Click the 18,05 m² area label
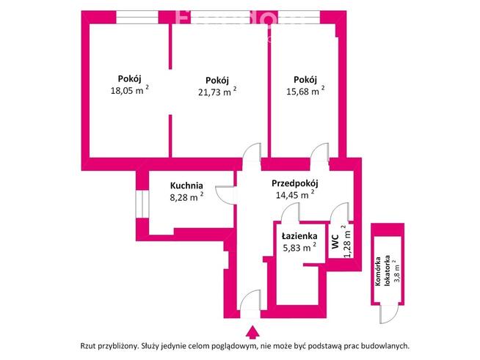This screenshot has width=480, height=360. point(129,92)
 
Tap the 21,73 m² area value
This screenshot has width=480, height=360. point(217,92)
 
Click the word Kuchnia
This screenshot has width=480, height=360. point(186,185)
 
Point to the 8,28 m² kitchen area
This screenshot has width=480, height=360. point(186,196)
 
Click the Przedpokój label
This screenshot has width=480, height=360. point(293,183)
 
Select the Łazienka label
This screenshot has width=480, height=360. point(299,236)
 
